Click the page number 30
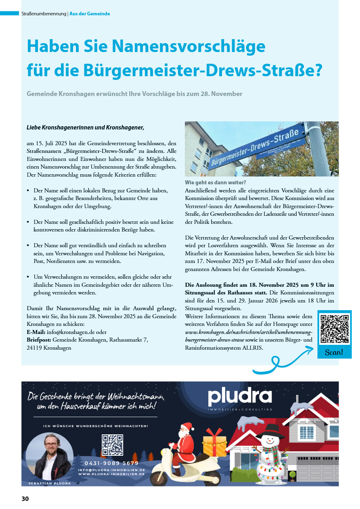(x=25, y=499)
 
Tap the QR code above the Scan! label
(x=334, y=329)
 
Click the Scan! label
(x=334, y=352)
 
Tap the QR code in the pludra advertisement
(x=112, y=445)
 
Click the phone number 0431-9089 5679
(x=111, y=463)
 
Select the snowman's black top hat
(x=270, y=430)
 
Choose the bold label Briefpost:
(x=39, y=340)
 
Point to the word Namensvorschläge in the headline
(x=182, y=46)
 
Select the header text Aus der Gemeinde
(x=90, y=13)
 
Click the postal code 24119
(x=34, y=348)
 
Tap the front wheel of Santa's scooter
(x=160, y=478)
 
